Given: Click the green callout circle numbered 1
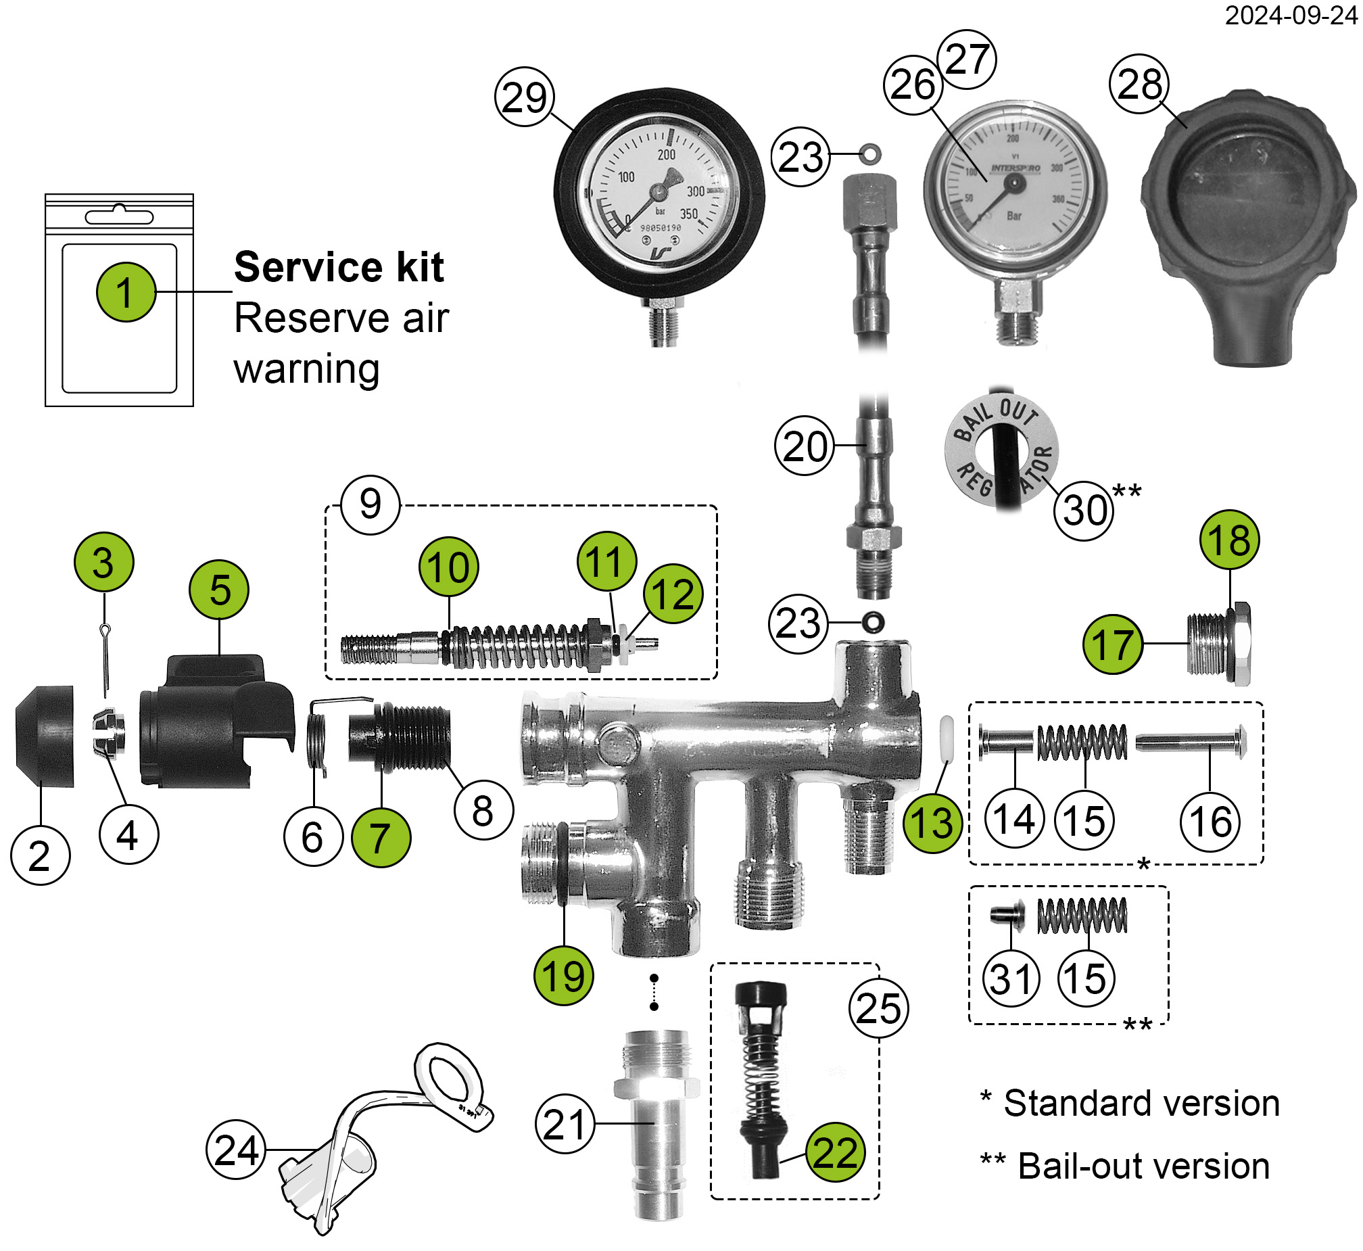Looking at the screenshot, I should click(126, 291).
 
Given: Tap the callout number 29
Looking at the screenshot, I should click(525, 97).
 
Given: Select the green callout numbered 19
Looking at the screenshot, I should click(563, 976).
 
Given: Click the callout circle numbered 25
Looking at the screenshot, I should click(878, 1009).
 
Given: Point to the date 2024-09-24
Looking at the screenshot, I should click(1291, 15).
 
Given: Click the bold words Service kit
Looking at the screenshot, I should click(338, 266).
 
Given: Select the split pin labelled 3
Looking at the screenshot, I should click(105, 660).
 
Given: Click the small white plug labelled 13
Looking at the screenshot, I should click(946, 739).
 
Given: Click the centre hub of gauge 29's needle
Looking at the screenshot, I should click(659, 193).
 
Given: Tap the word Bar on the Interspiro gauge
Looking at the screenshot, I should click(1013, 216).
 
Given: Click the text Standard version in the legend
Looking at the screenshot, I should click(1141, 1104).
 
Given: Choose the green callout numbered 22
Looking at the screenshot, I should click(834, 1152).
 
